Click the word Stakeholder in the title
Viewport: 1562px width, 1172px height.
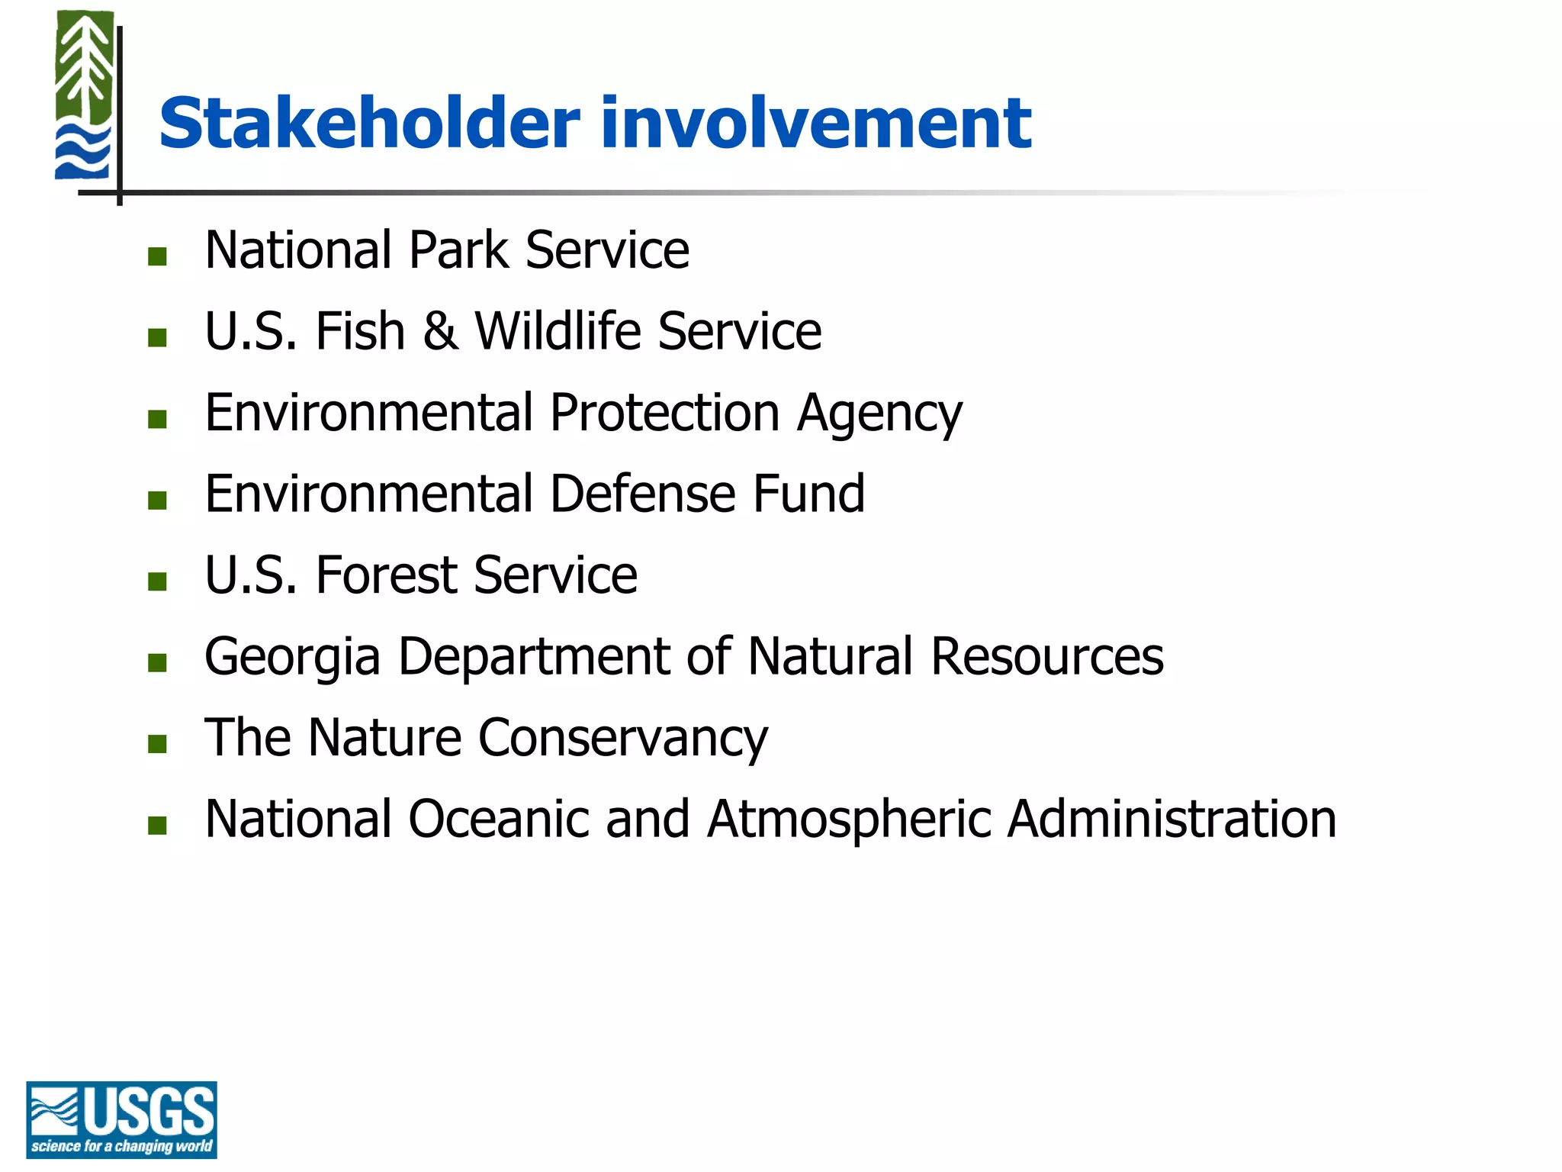pos(369,124)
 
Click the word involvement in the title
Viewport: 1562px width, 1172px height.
pos(815,124)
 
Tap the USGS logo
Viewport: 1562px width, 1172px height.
pos(121,1119)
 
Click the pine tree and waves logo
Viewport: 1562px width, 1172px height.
pos(84,96)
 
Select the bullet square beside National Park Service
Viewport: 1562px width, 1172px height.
pos(158,256)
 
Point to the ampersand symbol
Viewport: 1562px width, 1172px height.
pos(440,331)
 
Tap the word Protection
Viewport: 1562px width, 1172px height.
pos(664,413)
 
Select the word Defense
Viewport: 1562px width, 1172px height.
pos(642,494)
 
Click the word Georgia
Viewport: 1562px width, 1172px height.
pos(292,658)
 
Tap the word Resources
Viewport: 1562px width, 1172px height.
pos(1047,656)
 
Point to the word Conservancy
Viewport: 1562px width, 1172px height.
pos(622,739)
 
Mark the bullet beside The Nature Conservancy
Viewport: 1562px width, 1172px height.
pos(158,744)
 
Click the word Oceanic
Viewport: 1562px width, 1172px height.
pos(499,819)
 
